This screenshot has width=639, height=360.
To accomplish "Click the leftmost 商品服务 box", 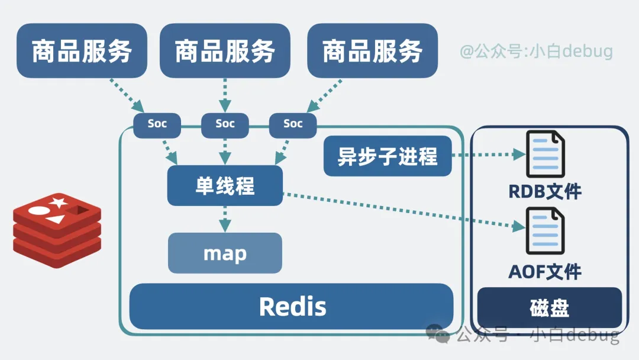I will (82, 51).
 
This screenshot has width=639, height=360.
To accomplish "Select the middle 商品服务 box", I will (225, 51).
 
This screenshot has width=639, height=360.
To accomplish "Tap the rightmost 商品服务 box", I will (372, 51).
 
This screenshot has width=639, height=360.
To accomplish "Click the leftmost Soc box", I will (157, 124).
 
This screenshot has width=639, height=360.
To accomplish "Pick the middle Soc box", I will (225, 124).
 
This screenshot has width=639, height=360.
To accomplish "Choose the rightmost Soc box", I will (293, 124).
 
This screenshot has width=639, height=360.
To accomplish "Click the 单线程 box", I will (225, 186).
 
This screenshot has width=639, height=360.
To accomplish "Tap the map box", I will (225, 253).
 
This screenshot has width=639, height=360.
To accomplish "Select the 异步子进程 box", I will (388, 156).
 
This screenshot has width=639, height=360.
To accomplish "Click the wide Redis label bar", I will (292, 307).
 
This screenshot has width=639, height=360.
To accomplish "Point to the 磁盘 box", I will (549, 308).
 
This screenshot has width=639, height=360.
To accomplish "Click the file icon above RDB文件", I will (545, 154).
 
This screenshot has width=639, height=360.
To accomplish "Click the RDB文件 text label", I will (545, 191).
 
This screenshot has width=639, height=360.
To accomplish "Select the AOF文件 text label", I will (545, 271).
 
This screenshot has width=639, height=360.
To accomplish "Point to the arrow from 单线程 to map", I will (225, 219).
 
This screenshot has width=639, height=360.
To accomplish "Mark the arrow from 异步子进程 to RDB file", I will (488, 155).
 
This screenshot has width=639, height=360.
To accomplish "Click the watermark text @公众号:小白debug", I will (537, 52).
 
